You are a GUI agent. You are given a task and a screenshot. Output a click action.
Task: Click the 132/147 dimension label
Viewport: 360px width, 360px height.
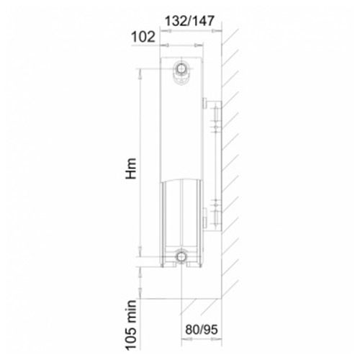click(x=189, y=21)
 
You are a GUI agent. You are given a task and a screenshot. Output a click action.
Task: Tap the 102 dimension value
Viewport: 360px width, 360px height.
click(x=143, y=37)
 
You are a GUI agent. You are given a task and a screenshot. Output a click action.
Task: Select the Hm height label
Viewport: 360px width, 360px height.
click(x=131, y=168)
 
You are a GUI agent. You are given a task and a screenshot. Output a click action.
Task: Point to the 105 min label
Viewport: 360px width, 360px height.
click(x=131, y=325)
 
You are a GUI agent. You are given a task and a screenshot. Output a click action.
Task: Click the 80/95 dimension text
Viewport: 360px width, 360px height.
click(x=202, y=330)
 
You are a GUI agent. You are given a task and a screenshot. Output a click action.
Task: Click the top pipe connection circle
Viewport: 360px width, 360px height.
click(x=181, y=68)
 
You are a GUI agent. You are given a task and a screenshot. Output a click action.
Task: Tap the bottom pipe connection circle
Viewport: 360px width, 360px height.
click(x=181, y=256)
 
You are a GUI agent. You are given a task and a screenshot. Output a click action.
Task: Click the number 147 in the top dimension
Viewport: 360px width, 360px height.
click(x=203, y=21)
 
